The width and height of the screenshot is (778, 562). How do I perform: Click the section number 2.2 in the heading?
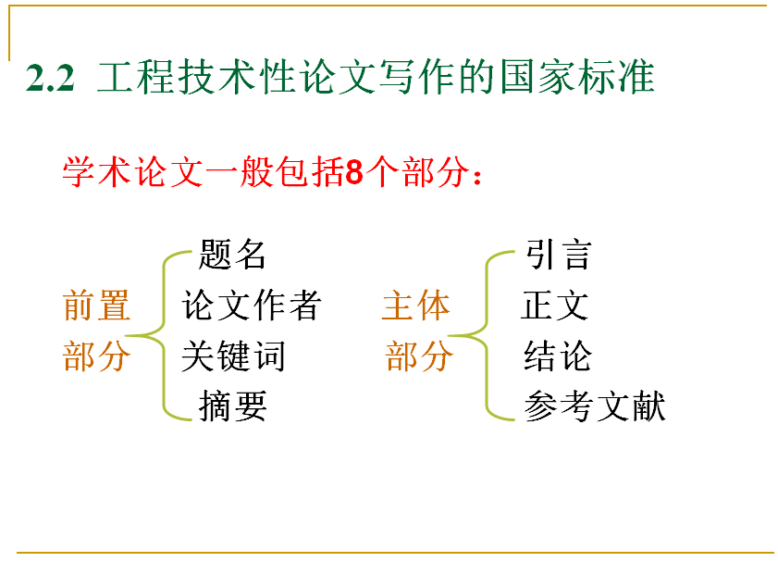(x=50, y=78)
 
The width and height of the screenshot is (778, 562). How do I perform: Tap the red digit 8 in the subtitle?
(x=354, y=172)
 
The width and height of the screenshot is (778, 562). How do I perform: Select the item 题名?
(x=232, y=255)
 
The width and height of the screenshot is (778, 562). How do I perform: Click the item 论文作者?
(x=252, y=306)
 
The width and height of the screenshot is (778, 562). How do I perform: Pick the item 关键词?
(x=233, y=356)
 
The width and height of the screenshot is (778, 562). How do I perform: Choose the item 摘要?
(x=233, y=406)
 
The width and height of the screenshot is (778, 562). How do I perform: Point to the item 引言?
(x=558, y=255)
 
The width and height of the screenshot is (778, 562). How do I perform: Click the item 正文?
(x=555, y=306)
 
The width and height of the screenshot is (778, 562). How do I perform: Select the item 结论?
(x=558, y=356)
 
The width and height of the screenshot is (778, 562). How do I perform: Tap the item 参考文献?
(x=595, y=406)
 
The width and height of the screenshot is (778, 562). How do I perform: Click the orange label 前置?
(x=97, y=306)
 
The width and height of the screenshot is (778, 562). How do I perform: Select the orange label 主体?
(x=415, y=306)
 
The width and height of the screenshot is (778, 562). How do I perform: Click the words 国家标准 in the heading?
(x=577, y=77)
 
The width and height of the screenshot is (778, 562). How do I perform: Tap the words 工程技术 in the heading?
(x=177, y=77)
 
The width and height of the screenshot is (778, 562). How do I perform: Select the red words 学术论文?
(x=132, y=172)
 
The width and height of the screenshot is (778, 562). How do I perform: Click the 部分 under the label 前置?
(x=97, y=356)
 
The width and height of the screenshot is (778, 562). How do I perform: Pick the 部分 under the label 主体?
(x=419, y=356)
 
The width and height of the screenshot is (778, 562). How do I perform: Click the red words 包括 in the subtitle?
(x=310, y=172)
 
